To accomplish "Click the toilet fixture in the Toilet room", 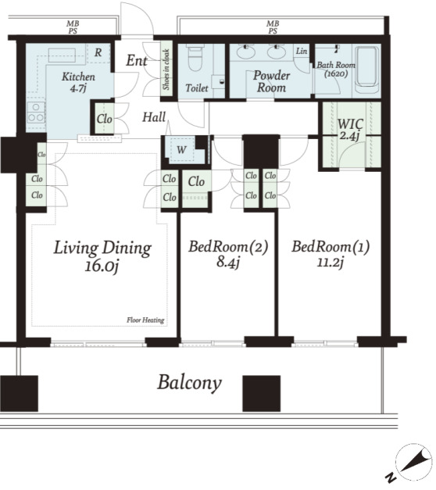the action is coord(195,59).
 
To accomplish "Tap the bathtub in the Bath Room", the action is coord(367,67).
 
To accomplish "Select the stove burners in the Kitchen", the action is coord(36,113).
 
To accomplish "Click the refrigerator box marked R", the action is coord(98,52).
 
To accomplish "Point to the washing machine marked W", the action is coord(181,150).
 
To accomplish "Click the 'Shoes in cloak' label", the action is coord(166,70).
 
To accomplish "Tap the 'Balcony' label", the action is coord(189,383).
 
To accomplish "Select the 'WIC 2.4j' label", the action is coord(350,129).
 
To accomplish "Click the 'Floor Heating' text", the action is coord(145,320).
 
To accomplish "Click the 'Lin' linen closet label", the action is coord(302,51).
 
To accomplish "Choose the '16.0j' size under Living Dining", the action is coord(102,266).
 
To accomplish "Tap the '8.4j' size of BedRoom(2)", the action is coord(228,262).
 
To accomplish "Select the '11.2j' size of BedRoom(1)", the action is coord(331,262).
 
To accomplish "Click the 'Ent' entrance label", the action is coord(137,60).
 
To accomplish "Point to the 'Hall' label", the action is coord(154,117).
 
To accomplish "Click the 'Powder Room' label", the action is coord(271,81).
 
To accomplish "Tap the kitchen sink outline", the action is coord(62,55).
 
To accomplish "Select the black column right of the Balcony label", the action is coord(261,393).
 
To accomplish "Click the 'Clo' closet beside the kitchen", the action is coord(104,119).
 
